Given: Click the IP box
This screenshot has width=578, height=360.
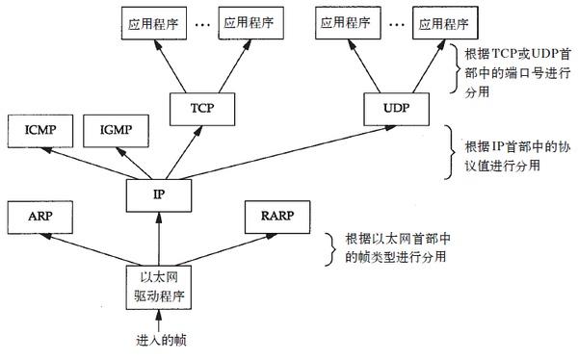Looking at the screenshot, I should tap(159, 193).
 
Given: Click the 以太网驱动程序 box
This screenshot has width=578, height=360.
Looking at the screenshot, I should tap(158, 283).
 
